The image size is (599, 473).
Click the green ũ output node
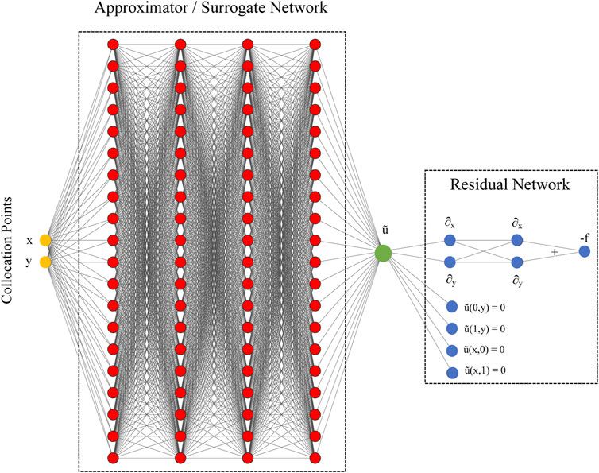pos(383,252)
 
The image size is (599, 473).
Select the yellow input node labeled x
pos(45,240)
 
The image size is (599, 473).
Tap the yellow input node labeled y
pos(45,262)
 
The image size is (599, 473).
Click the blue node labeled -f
pos(584,251)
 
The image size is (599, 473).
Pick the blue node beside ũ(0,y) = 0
pos(451,307)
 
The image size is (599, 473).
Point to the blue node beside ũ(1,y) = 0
pos(451,328)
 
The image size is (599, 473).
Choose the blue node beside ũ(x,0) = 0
pos(451,350)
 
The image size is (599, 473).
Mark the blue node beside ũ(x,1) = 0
pos(451,371)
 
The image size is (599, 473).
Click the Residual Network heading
pos(511,185)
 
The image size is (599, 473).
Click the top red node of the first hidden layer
pos(112,44)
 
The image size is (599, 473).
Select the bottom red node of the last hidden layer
pos(315,458)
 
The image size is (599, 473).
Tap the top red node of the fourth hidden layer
pos(315,44)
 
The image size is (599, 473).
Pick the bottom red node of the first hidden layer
pos(112,458)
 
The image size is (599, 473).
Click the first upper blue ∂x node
pos(450,240)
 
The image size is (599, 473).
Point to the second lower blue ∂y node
pos(517,262)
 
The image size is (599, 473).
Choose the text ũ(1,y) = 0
pos(485,328)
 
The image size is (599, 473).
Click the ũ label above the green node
pos(384,230)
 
